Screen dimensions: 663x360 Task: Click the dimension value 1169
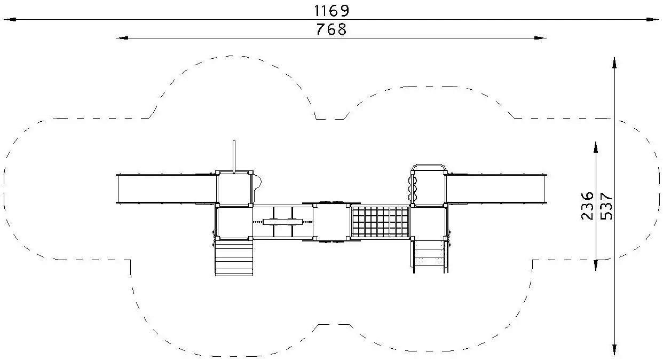[331, 11]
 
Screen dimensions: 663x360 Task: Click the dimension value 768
[331, 29]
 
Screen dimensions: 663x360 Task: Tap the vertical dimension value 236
[588, 206]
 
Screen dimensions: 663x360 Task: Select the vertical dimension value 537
[606, 206]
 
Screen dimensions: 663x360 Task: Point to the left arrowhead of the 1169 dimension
[10, 20]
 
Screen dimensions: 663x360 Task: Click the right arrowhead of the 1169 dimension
[653, 20]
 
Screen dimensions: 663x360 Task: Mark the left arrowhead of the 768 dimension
[122, 38]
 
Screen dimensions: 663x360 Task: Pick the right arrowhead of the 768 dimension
[540, 38]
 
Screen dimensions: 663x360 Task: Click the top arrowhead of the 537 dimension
[614, 63]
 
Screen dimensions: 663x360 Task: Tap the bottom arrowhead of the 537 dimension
[614, 349]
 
